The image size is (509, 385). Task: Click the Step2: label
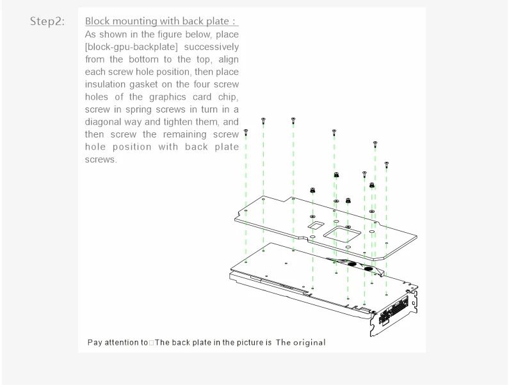[47, 21]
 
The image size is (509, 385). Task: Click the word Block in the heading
[98, 21]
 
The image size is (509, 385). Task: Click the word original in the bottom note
[310, 343]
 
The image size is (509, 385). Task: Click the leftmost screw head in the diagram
[246, 133]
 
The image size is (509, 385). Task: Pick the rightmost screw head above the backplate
[386, 164]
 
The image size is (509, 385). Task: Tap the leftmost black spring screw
[312, 191]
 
